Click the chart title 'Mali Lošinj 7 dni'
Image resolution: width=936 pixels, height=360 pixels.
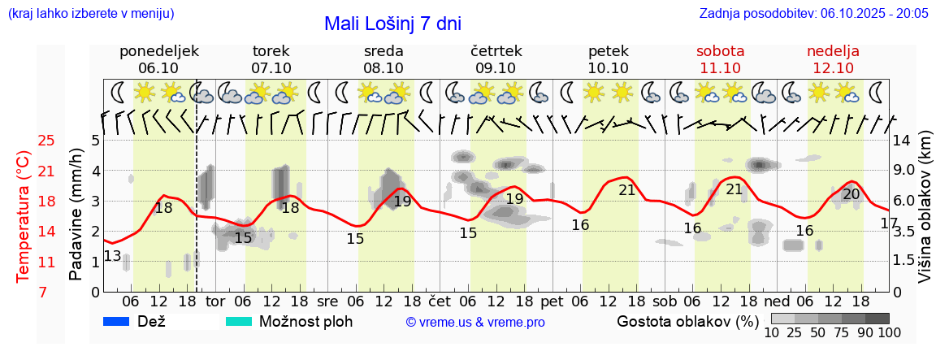pyautogui.click(x=392, y=24)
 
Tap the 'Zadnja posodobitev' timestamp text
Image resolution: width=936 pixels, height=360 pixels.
pyautogui.click(x=813, y=14)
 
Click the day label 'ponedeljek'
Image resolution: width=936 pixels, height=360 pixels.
pyautogui.click(x=158, y=51)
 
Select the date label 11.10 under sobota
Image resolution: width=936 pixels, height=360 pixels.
pyautogui.click(x=720, y=68)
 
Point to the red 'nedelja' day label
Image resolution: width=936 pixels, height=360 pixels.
pyautogui.click(x=833, y=51)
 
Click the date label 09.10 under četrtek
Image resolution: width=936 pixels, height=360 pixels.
pyautogui.click(x=496, y=68)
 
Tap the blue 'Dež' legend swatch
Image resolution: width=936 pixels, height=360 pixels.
pyautogui.click(x=116, y=322)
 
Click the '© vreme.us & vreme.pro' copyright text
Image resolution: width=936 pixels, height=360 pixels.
pyautogui.click(x=475, y=323)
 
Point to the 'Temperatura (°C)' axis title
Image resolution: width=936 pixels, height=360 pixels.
pyautogui.click(x=24, y=216)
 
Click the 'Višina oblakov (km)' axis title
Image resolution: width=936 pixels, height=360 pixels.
pyautogui.click(x=925, y=216)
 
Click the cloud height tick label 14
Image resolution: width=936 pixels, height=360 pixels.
pyautogui.click(x=902, y=141)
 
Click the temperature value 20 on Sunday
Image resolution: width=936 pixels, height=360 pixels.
pyautogui.click(x=851, y=194)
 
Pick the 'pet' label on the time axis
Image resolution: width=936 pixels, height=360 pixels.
pyautogui.click(x=552, y=301)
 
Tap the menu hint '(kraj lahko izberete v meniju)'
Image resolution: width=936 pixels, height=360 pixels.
pyautogui.click(x=90, y=14)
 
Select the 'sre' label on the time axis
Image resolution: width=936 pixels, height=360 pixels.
pyautogui.click(x=327, y=301)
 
